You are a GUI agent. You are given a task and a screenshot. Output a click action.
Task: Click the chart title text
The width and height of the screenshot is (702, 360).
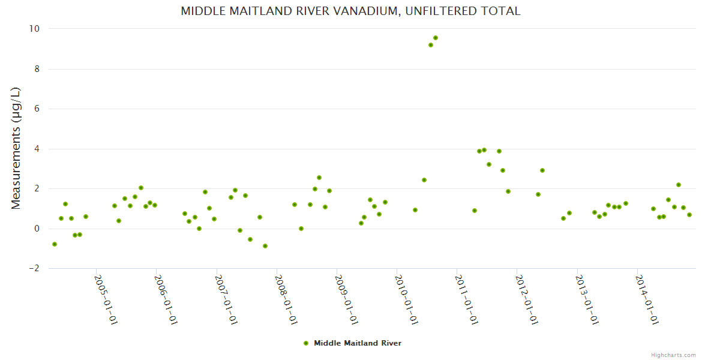[x=350, y=11]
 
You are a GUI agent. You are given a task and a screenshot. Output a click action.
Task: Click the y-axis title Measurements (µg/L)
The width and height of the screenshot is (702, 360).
[x=16, y=148]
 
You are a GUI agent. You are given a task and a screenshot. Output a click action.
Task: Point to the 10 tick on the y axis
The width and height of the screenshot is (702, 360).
[x=34, y=29]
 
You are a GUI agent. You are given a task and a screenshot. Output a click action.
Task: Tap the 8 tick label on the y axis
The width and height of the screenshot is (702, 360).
[x=37, y=69]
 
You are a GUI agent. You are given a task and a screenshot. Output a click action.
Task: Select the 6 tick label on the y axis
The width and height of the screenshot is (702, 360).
[x=37, y=109]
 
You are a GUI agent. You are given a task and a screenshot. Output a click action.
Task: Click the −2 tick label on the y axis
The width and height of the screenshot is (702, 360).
[x=34, y=268]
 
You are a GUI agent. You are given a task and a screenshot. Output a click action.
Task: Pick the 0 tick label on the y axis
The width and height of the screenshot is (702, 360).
[x=37, y=229]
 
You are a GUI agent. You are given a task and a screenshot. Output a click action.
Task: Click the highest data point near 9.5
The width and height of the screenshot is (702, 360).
[x=436, y=38]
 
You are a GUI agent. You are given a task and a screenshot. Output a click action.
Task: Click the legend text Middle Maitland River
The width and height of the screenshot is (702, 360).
[x=358, y=343]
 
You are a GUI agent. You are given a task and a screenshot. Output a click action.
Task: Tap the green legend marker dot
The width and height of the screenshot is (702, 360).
[x=306, y=343]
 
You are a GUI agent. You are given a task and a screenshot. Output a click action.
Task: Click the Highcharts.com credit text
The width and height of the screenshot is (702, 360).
[x=673, y=355]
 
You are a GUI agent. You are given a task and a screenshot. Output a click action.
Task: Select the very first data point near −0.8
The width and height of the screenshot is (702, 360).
[x=55, y=244]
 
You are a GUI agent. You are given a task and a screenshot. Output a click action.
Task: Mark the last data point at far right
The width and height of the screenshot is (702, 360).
[x=689, y=215]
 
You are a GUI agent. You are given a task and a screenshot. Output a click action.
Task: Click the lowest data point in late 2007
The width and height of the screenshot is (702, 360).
[x=265, y=246]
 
